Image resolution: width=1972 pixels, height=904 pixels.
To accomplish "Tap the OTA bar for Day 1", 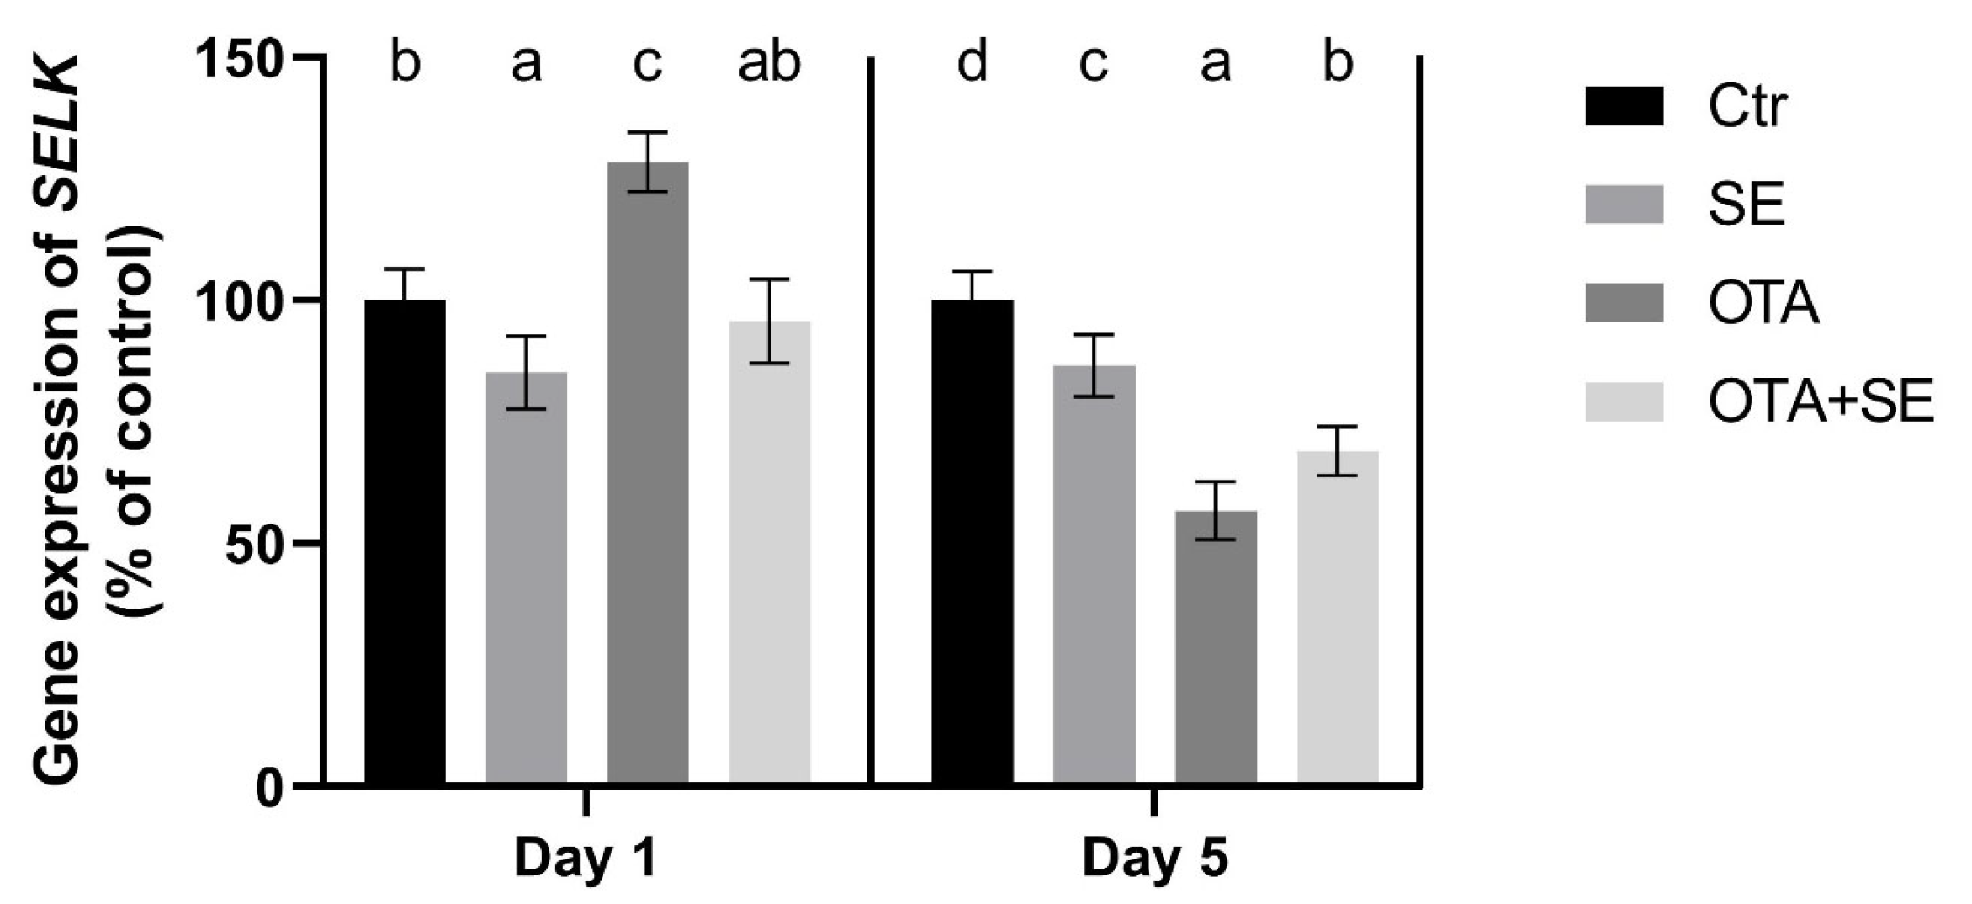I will click(648, 471).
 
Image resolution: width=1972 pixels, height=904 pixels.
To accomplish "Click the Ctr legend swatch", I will click(1624, 106).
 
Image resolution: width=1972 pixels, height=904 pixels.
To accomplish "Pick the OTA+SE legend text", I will click(1821, 401).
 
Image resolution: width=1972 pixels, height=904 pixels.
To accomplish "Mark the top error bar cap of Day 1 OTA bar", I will click(648, 132).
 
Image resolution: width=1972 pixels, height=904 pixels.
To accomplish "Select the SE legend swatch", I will click(1624, 205).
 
